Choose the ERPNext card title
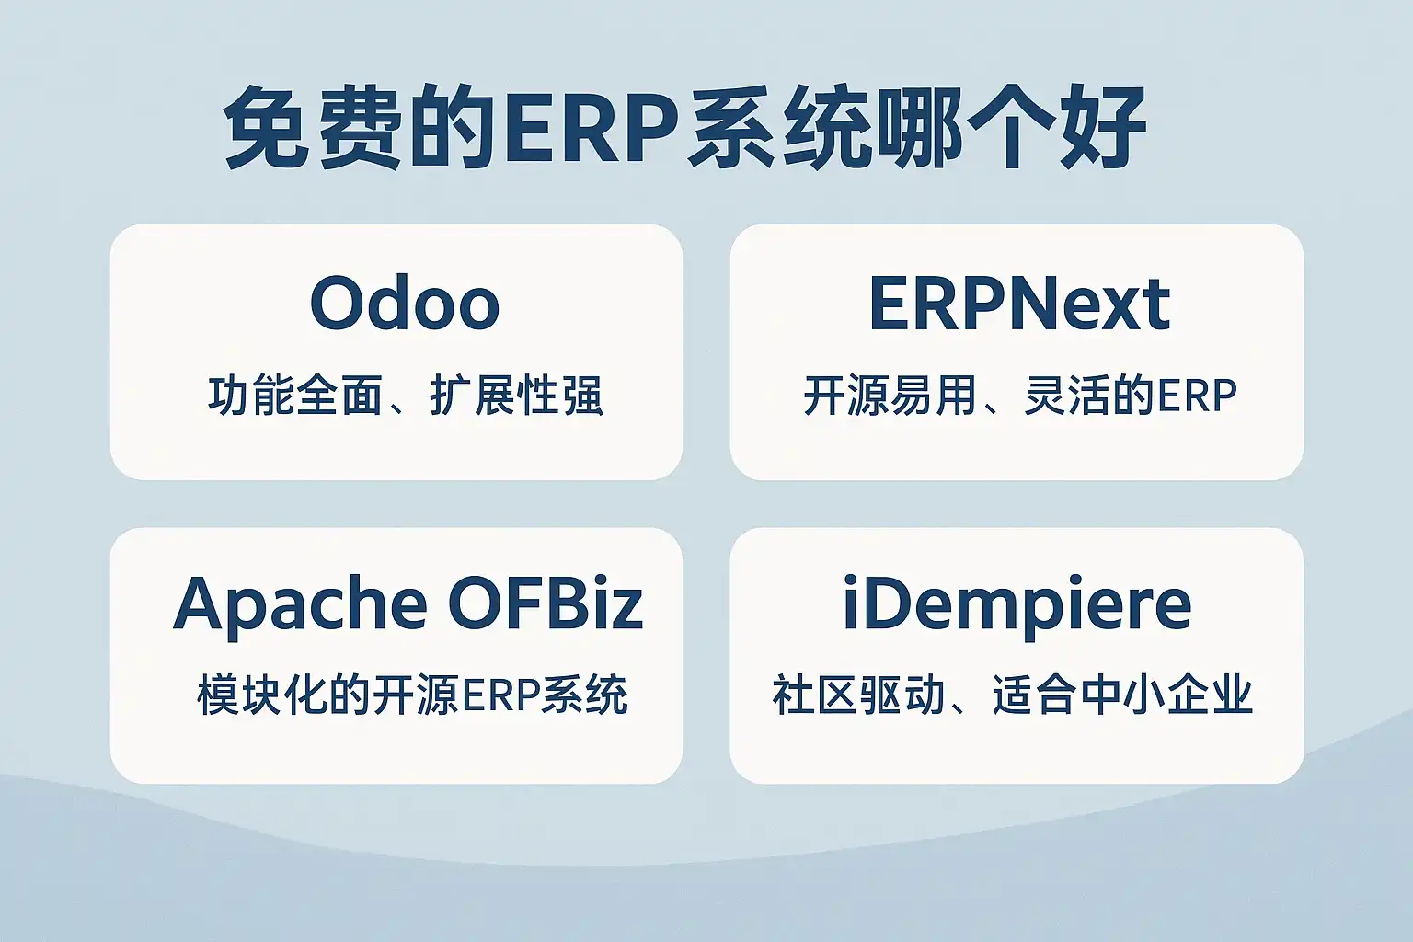point(1019,304)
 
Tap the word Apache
point(300,604)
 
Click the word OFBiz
point(546,603)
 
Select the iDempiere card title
point(1017,604)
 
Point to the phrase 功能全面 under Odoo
point(295,396)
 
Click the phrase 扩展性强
point(516,396)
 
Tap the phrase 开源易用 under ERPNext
point(890,396)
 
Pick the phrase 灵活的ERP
point(1130,396)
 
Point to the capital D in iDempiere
point(889,603)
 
